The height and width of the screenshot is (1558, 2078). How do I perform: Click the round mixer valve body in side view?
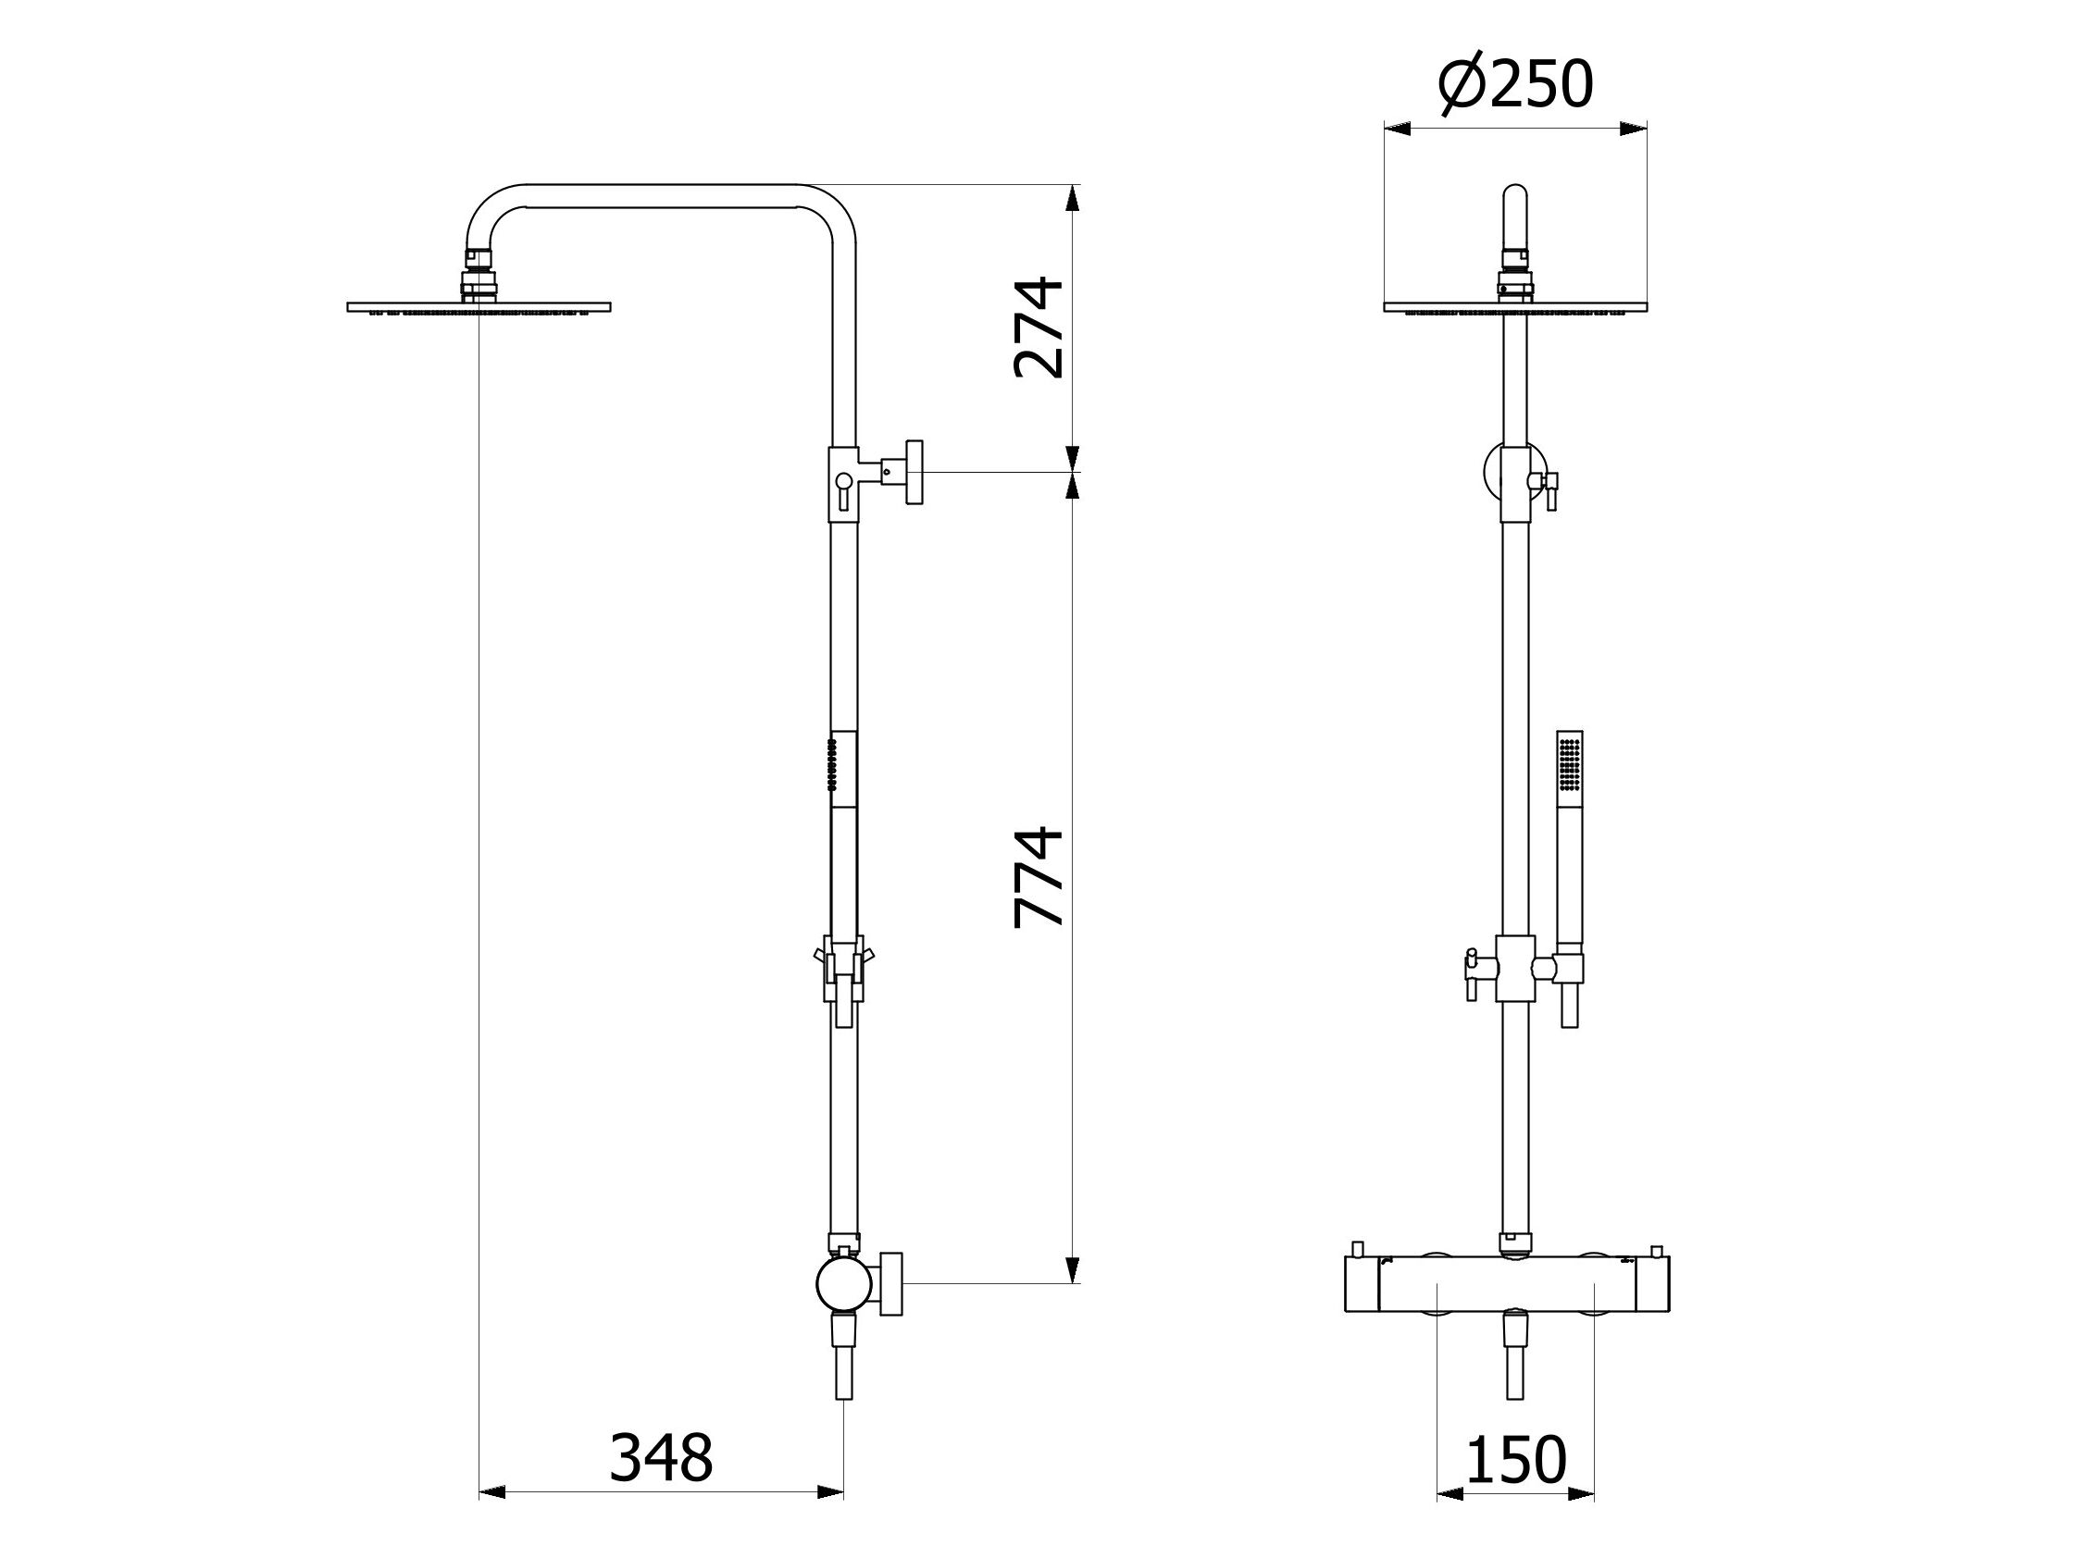click(x=843, y=1285)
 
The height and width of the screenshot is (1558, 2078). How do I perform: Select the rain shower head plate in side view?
click(x=479, y=307)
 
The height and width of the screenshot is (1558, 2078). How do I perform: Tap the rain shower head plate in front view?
click(x=1515, y=307)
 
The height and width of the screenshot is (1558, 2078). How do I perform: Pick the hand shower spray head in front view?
click(x=1570, y=766)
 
